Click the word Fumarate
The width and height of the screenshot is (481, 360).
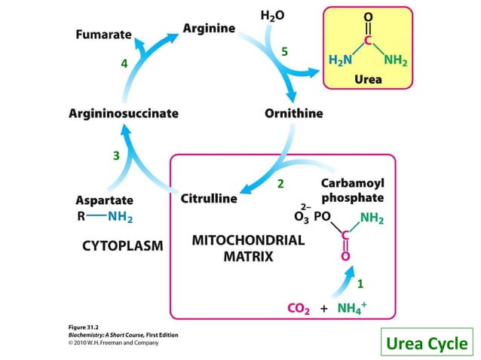click(103, 35)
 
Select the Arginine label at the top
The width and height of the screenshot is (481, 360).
click(209, 28)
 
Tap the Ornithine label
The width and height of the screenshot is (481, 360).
click(293, 114)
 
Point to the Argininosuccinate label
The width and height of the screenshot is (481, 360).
click(124, 114)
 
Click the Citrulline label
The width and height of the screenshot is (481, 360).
click(208, 199)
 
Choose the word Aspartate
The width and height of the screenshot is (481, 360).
click(104, 200)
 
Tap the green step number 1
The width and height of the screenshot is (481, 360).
click(360, 284)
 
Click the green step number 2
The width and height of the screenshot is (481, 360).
click(280, 184)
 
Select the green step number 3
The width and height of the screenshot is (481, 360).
click(115, 157)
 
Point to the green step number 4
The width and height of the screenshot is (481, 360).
click(124, 64)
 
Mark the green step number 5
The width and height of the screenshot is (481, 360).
click(284, 52)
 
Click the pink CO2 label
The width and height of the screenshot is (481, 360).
click(300, 308)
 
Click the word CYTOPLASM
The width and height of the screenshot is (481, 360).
click(121, 246)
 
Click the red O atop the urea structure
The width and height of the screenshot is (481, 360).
click(368, 15)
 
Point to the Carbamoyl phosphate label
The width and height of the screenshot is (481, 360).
click(352, 191)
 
